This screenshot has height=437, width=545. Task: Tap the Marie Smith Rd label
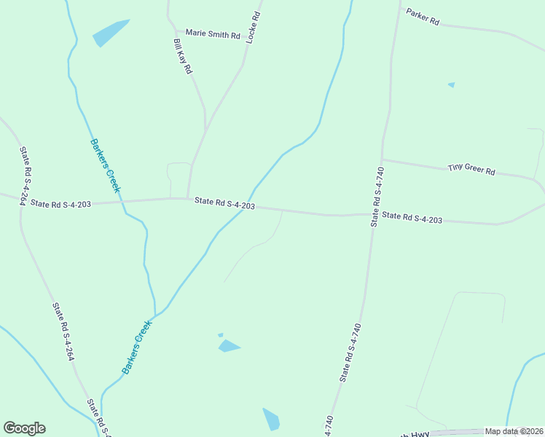[213, 34]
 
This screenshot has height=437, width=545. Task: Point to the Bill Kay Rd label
[182, 56]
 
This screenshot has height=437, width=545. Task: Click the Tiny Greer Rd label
[471, 169]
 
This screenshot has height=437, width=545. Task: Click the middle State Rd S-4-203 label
[224, 205]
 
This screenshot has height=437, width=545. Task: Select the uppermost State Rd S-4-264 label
[23, 176]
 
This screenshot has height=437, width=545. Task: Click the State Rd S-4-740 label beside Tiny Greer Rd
[377, 197]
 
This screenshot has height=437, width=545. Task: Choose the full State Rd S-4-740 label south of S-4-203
[350, 353]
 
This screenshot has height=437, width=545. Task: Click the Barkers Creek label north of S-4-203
[105, 165]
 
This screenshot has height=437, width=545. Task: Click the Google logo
[24, 428]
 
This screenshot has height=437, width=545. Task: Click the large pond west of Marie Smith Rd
[111, 32]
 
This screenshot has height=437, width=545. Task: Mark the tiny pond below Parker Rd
[452, 84]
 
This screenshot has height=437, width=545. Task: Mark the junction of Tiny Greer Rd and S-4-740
[381, 160]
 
